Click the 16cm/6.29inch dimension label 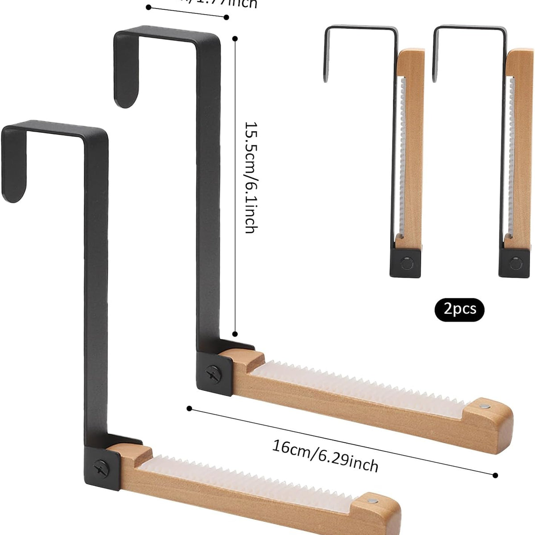pos(325,455)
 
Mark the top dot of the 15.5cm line pos(235,39)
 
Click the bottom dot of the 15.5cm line pos(235,333)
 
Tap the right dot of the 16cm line pos(495,475)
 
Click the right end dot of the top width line pos(226,17)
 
